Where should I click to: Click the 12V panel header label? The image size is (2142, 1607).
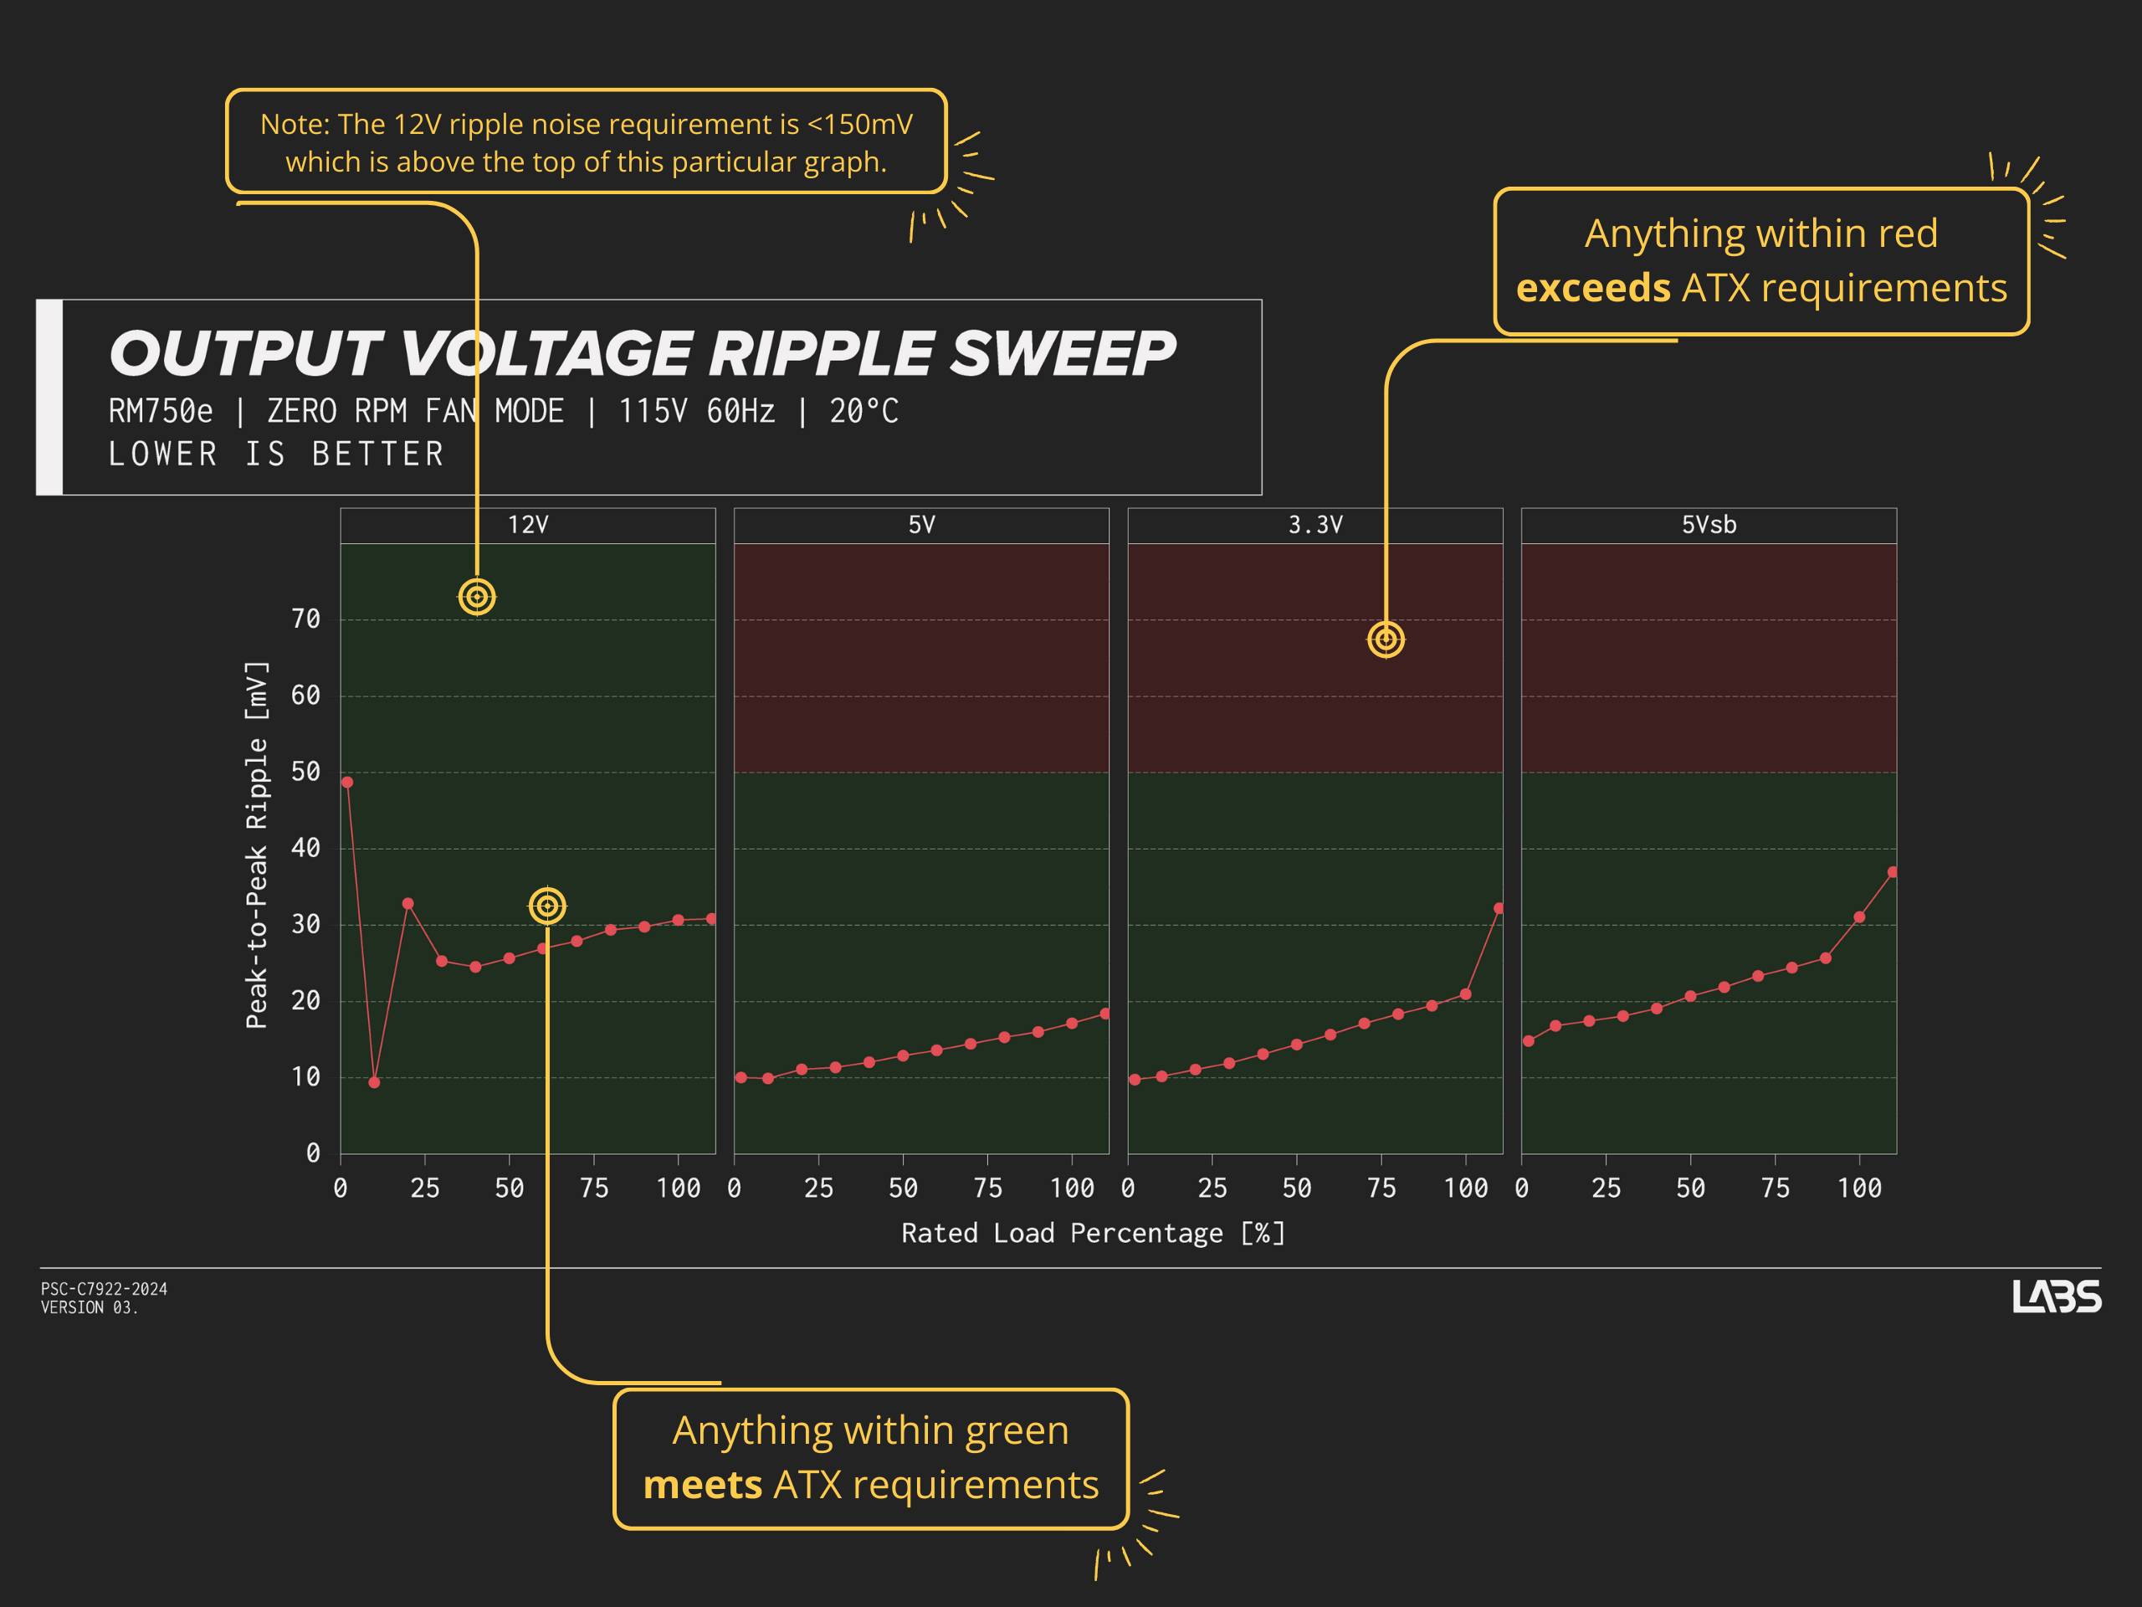pyautogui.click(x=528, y=525)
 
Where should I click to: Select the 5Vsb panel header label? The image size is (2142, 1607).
pyautogui.click(x=1709, y=525)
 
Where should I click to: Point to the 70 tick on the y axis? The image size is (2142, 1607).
pyautogui.click(x=306, y=619)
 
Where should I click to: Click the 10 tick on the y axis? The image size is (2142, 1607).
pyautogui.click(x=306, y=1076)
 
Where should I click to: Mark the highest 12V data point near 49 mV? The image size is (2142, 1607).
pyautogui.click(x=347, y=783)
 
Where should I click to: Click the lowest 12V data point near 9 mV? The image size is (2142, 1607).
pyautogui.click(x=375, y=1082)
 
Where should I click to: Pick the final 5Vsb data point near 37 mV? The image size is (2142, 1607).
pyautogui.click(x=1892, y=873)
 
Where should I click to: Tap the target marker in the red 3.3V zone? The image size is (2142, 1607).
pyautogui.click(x=1386, y=639)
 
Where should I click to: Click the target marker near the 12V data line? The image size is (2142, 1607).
pyautogui.click(x=547, y=906)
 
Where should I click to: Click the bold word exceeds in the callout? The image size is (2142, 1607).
pyautogui.click(x=1592, y=289)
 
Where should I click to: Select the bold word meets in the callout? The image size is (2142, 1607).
pyautogui.click(x=702, y=1485)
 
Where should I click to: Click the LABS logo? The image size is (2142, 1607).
pyautogui.click(x=2056, y=1296)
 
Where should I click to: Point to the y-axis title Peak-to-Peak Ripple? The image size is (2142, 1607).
pyautogui.click(x=256, y=845)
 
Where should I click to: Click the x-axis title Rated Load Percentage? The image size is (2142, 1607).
pyautogui.click(x=1092, y=1233)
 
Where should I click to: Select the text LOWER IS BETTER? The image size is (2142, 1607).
pyautogui.click(x=276, y=454)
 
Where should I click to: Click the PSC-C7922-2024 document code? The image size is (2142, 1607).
pyautogui.click(x=104, y=1289)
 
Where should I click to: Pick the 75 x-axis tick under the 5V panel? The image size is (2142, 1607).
pyautogui.click(x=986, y=1188)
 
